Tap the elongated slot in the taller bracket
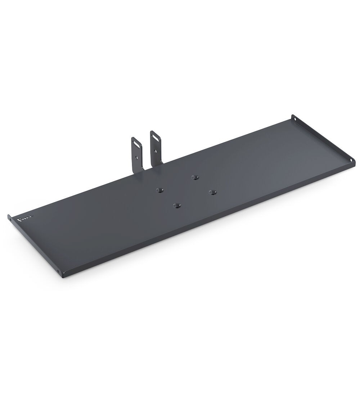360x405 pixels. point(155,136)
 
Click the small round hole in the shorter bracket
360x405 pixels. point(137,157)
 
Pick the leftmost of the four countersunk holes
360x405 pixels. point(159,190)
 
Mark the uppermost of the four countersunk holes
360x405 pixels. point(195,177)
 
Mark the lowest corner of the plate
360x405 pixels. point(63,277)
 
